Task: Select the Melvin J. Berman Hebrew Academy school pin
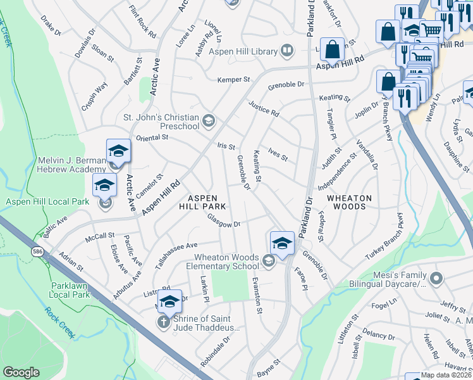(x=118, y=152)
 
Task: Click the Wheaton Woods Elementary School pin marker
(x=282, y=244)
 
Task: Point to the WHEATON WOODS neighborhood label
(x=349, y=202)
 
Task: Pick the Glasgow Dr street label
(x=224, y=222)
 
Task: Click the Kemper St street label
(x=234, y=80)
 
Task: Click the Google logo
(x=21, y=372)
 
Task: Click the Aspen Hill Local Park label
(x=47, y=201)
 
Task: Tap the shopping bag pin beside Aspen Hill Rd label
(x=332, y=49)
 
